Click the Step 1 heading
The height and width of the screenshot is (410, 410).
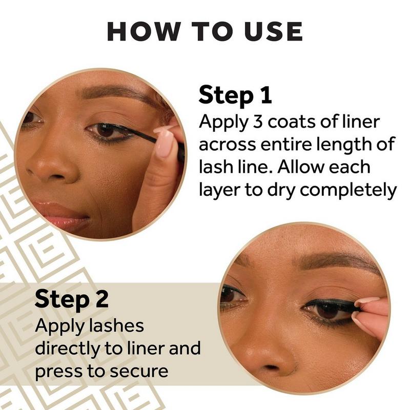(x=235, y=95)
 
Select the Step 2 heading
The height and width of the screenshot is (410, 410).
(x=71, y=299)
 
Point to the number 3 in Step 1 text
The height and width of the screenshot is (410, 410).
(x=258, y=122)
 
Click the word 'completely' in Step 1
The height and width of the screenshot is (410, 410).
(x=348, y=190)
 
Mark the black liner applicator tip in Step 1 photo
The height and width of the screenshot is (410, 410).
(x=142, y=135)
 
